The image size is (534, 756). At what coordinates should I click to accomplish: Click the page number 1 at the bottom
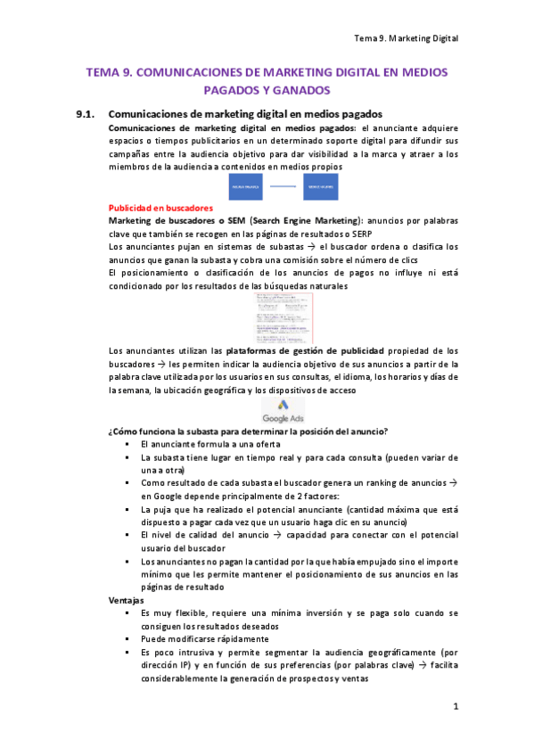pos(455,707)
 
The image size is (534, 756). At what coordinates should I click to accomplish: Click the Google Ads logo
pos(283,411)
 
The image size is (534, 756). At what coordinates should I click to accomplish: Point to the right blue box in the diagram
pos(321,186)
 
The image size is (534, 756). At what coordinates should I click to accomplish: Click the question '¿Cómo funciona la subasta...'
pos(247,431)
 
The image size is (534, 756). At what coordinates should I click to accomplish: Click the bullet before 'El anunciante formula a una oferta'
pos(130,444)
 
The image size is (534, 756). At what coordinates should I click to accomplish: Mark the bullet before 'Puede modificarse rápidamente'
pos(130,639)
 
